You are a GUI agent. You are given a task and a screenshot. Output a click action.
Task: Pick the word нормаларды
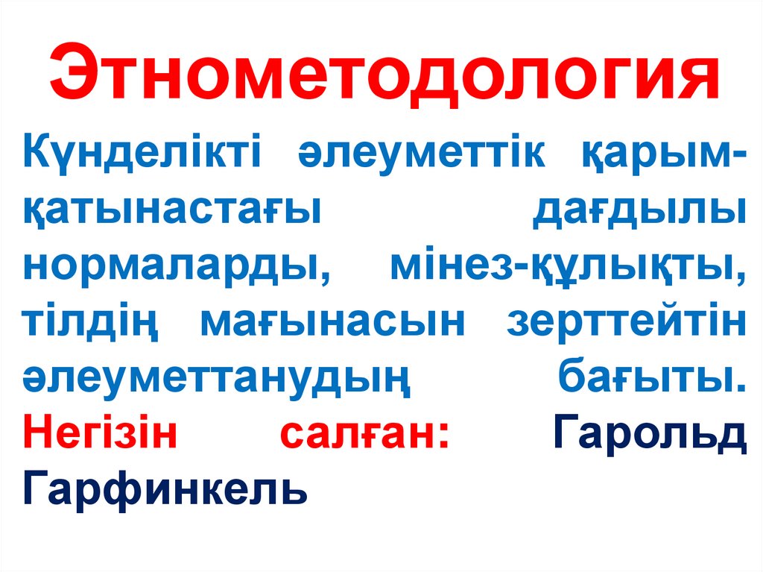171,267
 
